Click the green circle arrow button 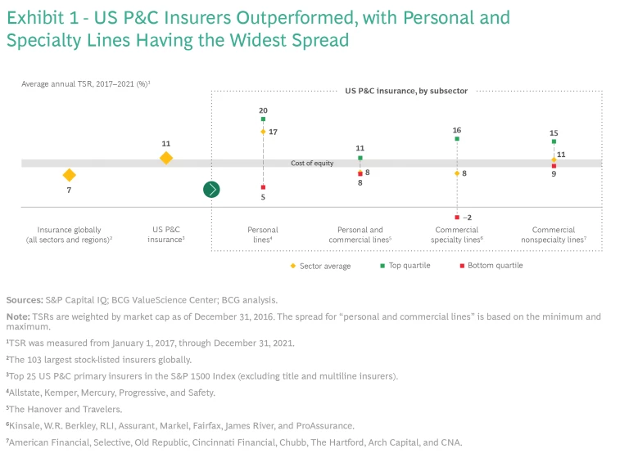[x=211, y=190]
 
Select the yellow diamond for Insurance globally [x=70, y=175]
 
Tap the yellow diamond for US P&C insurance [x=166, y=158]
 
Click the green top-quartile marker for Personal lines [x=263, y=119]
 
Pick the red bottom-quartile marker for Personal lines [x=263, y=187]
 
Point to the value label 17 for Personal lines [x=273, y=132]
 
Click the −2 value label [x=467, y=218]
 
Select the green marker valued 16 [x=457, y=139]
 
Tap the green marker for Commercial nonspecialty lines [x=554, y=141]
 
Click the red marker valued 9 [x=554, y=166]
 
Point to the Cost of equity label [x=312, y=164]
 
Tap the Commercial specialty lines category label [x=456, y=235]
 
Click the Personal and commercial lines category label [x=360, y=235]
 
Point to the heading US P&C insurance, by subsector [x=406, y=91]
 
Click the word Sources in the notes [x=22, y=300]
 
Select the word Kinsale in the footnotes [x=25, y=425]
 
